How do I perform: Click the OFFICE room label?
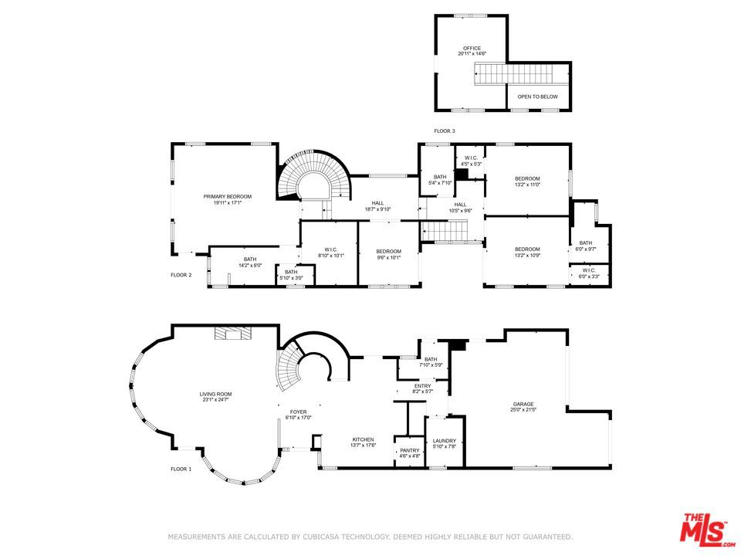(x=472, y=51)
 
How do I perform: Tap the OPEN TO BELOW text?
(x=537, y=97)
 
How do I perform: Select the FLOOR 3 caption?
(x=444, y=131)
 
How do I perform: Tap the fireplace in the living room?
(x=229, y=334)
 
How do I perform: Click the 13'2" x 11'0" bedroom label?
(x=527, y=181)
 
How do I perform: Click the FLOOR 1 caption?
(x=181, y=469)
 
